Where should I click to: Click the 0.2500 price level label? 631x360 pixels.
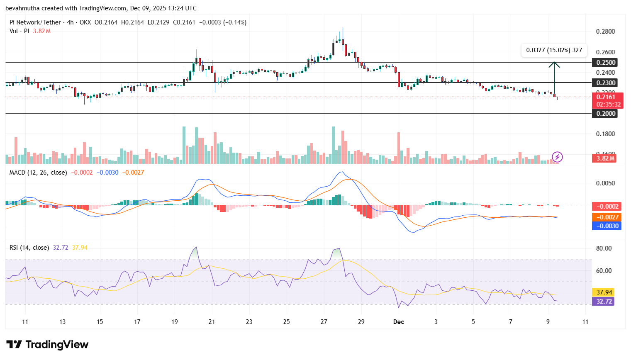[606, 63]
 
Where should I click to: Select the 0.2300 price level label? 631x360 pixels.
[606, 83]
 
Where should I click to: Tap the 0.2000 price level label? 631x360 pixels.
[606, 114]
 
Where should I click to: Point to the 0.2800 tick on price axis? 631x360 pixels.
[605, 32]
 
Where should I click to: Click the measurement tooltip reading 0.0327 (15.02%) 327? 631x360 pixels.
[554, 50]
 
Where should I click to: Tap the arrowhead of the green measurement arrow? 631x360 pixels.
[554, 64]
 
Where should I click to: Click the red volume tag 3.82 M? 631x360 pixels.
[605, 158]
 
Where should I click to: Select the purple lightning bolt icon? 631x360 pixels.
[557, 157]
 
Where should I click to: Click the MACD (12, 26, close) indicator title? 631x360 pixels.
[38, 173]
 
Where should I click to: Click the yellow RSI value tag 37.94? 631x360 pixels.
[604, 292]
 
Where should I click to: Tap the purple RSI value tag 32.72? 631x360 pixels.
[604, 302]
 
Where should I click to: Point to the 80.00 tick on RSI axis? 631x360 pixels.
[604, 248]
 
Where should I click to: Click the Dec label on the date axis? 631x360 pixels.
[399, 322]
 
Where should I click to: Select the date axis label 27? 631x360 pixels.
[324, 322]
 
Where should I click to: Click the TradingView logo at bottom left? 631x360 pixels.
[47, 345]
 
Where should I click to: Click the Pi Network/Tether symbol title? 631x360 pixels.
[35, 22]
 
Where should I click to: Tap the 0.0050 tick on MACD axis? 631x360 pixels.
[605, 183]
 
